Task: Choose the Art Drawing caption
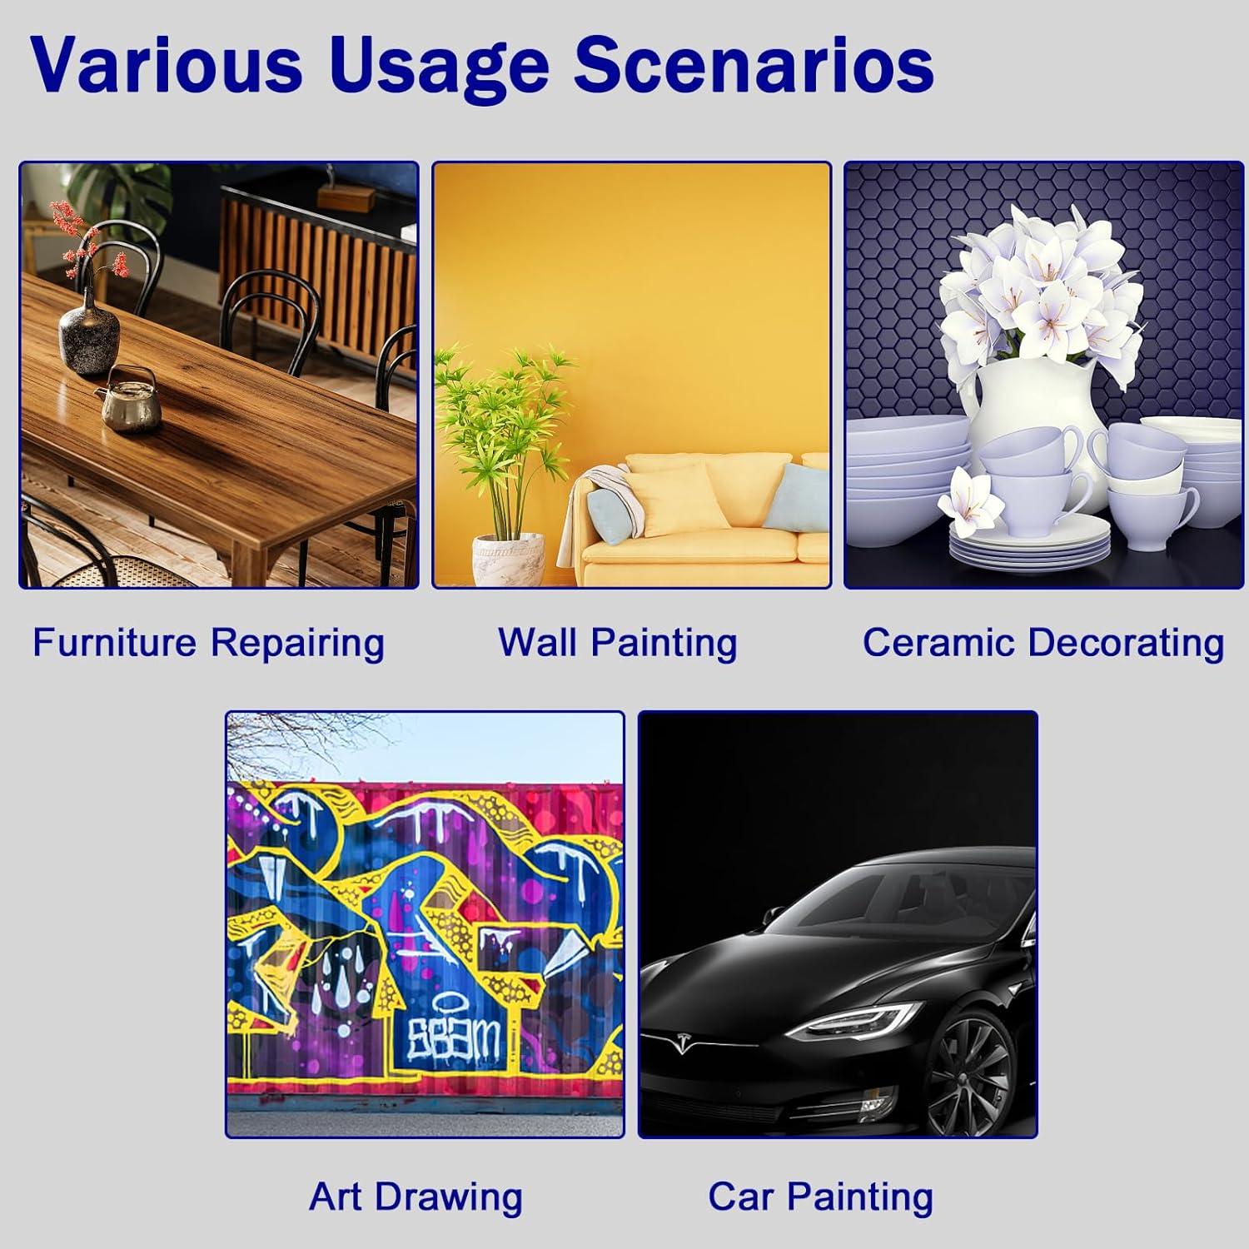pos(416,1197)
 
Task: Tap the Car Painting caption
pos(820,1197)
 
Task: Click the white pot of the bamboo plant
pos(508,560)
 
